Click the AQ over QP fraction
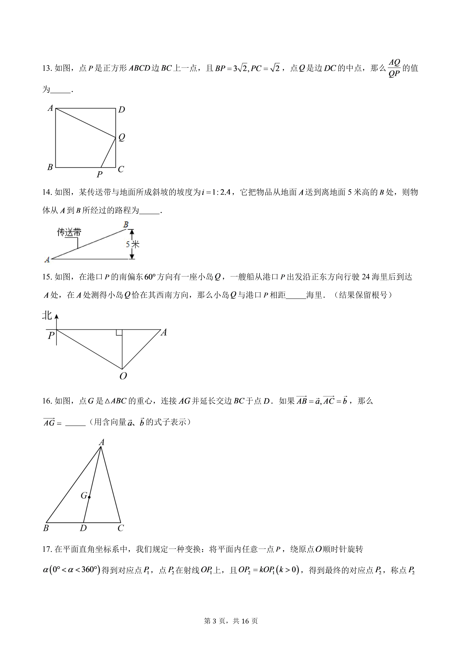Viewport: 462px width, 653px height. click(394, 68)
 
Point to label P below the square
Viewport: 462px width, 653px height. click(99, 174)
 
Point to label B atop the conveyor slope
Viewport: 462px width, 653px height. click(126, 225)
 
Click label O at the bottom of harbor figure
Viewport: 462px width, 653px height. click(123, 376)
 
